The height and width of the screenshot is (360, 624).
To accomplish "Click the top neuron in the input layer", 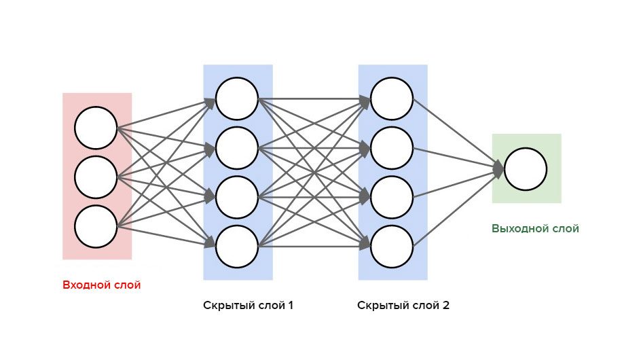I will [96, 128].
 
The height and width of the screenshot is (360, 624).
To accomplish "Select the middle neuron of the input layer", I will [96, 177].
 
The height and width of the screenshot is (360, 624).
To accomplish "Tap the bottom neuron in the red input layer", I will [96, 226].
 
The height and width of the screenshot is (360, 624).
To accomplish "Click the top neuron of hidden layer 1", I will [237, 98].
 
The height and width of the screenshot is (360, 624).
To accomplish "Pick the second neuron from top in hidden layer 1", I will [237, 147].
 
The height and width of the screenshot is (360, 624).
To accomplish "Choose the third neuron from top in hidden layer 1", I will [237, 196].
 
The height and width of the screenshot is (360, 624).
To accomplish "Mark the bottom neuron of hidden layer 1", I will [237, 245].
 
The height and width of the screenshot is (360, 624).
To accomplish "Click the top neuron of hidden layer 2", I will [392, 98].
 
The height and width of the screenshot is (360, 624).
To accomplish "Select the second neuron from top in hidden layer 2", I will [392, 147].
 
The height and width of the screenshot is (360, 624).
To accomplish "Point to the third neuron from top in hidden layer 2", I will [392, 196].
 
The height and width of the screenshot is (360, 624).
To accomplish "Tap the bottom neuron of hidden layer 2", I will [392, 245].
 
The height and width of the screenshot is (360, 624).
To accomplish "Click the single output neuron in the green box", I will [526, 170].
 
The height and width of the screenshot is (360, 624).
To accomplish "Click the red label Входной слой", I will [101, 285].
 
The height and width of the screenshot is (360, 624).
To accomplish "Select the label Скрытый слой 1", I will [248, 305].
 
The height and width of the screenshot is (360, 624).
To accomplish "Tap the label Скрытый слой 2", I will [403, 305].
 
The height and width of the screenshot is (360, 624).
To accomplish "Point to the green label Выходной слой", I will [535, 229].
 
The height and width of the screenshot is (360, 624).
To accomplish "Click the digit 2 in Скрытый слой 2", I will [445, 305].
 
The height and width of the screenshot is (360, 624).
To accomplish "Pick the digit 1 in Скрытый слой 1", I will [291, 305].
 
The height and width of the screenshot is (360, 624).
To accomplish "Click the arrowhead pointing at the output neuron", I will [498, 169].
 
